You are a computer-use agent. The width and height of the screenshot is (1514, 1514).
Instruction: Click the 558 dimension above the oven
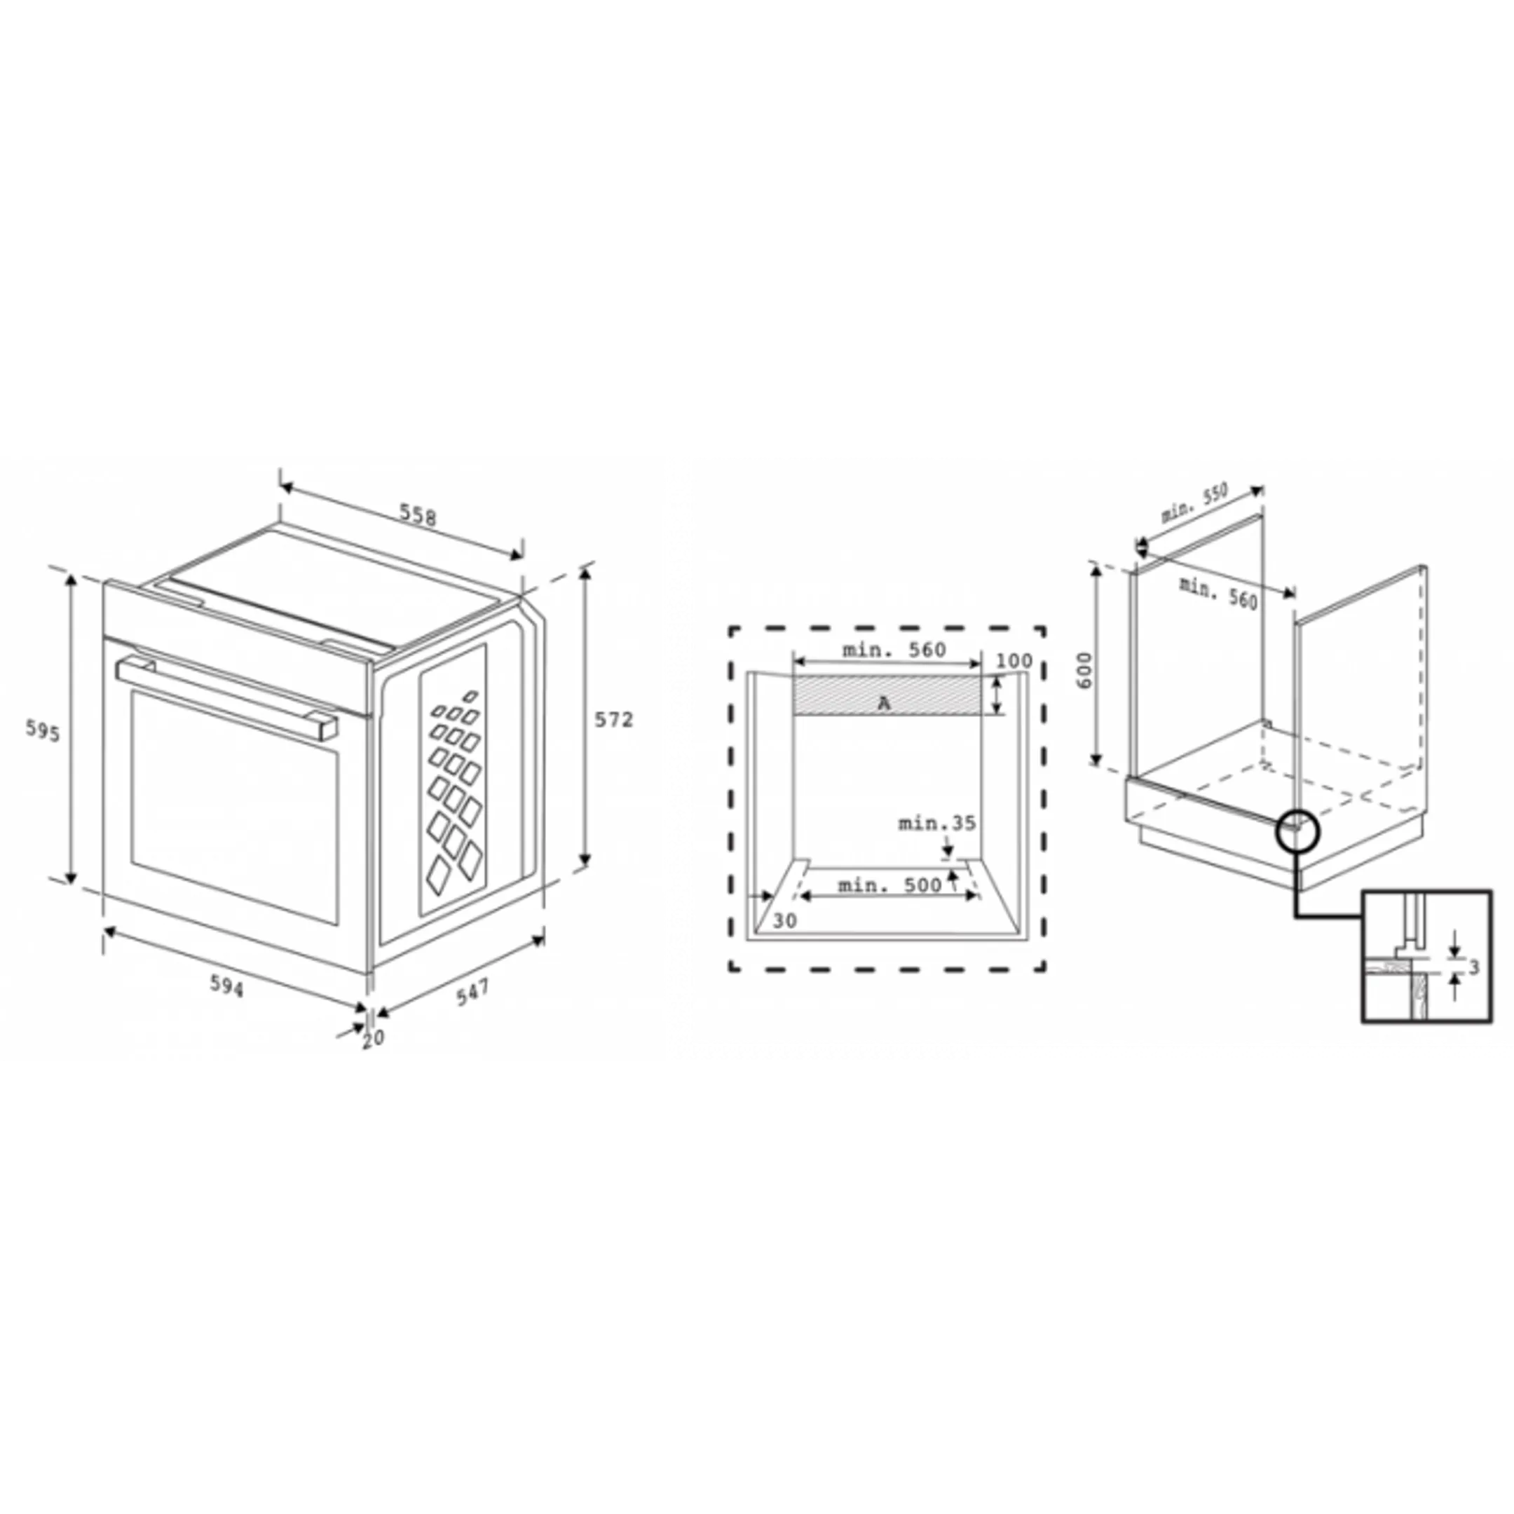tap(418, 515)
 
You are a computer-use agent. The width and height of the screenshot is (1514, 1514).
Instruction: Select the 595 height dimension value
tap(42, 730)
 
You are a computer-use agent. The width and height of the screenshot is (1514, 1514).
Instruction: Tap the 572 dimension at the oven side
tap(613, 718)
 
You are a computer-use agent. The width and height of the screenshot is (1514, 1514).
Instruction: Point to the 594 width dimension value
tap(226, 986)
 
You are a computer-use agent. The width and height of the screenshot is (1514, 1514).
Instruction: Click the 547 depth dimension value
tap(472, 991)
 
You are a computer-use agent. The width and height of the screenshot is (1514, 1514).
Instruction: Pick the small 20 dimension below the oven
tap(374, 1037)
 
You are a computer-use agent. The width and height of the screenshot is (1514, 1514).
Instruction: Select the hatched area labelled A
tap(886, 696)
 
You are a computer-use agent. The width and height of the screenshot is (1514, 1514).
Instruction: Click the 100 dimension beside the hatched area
tap(1014, 660)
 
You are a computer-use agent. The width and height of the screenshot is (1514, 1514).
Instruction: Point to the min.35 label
tap(936, 823)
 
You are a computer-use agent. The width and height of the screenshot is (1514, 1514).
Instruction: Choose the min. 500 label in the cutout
tap(889, 885)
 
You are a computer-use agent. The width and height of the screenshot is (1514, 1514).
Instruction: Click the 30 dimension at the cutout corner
tap(784, 921)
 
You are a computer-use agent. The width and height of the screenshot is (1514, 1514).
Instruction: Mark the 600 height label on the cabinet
tap(1084, 670)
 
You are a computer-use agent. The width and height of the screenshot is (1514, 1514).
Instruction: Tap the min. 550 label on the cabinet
tap(1194, 503)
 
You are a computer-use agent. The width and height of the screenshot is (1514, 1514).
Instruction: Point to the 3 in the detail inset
tap(1473, 967)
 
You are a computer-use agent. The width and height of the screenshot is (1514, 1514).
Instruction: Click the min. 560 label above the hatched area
tap(894, 650)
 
